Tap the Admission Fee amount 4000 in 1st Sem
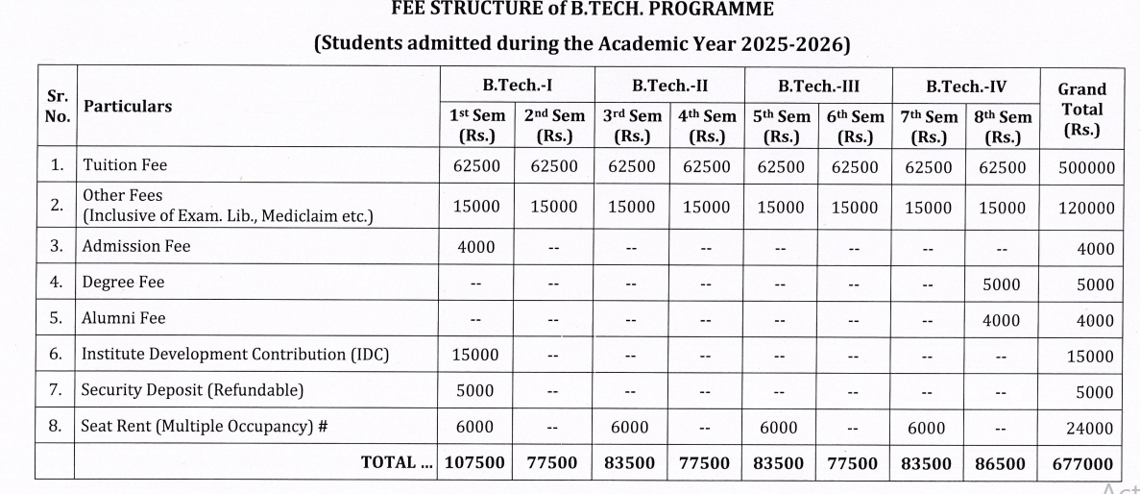tap(476, 247)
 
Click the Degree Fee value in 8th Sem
tap(1002, 284)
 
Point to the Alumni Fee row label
tap(124, 318)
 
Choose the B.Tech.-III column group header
tap(817, 86)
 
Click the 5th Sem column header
tap(781, 126)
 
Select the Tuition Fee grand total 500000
tap(1086, 167)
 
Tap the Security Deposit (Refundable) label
tap(192, 390)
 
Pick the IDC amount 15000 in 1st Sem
tap(476, 355)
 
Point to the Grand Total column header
tap(1081, 109)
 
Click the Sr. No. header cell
tap(58, 107)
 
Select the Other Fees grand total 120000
tap(1086, 209)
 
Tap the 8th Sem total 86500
tap(1002, 463)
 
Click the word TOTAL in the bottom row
tap(389, 463)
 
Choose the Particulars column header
tap(128, 107)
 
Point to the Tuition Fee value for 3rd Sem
tap(632, 166)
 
